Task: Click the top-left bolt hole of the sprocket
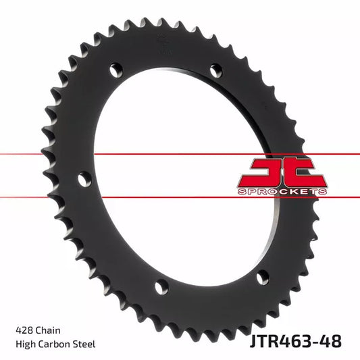[x=117, y=70]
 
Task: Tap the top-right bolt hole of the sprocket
[x=215, y=70]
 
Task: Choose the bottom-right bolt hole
[x=261, y=276]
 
